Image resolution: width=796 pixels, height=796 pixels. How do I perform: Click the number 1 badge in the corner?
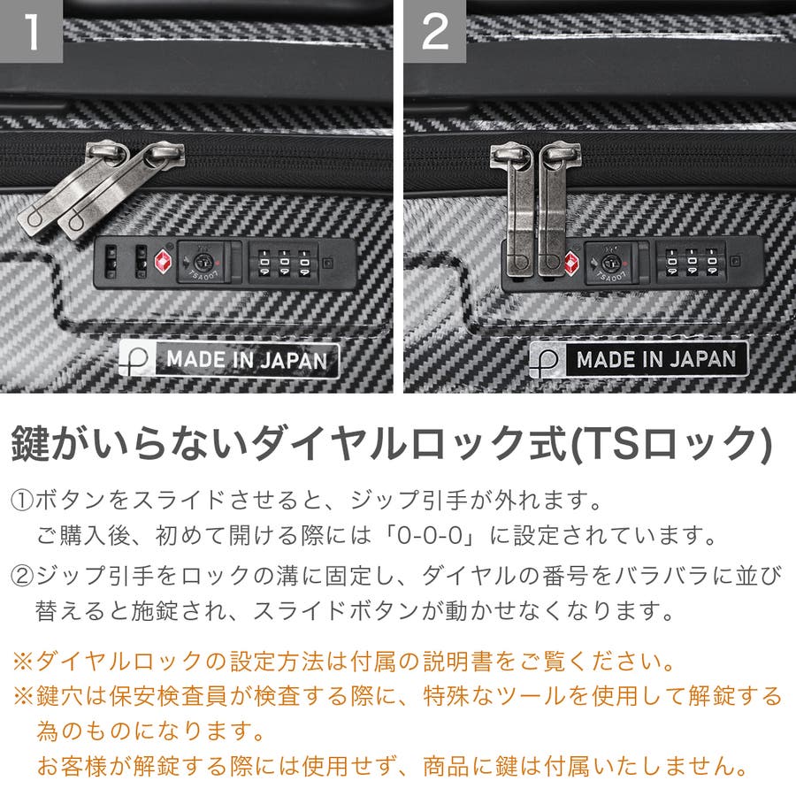[x=31, y=31]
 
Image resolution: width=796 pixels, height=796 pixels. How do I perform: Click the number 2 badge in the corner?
[x=434, y=31]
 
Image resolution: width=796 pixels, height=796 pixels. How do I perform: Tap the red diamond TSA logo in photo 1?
[x=163, y=263]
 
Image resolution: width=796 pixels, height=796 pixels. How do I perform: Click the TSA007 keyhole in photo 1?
[x=202, y=263]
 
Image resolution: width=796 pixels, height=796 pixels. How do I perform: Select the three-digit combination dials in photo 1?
[x=284, y=263]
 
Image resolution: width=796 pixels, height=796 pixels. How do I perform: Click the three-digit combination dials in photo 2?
[x=692, y=262]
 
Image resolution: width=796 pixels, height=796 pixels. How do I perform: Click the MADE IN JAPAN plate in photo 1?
[x=229, y=360]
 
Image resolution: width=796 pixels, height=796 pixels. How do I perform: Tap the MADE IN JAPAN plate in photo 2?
[x=638, y=359]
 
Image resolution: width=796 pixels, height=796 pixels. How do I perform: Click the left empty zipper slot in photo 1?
[x=111, y=262]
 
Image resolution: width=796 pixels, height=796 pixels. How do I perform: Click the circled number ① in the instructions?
[x=22, y=501]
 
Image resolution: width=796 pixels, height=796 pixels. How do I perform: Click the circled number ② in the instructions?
[x=22, y=576]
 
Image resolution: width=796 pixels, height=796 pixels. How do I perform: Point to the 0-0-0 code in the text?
[x=430, y=536]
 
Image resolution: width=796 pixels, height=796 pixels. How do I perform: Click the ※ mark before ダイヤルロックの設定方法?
[x=23, y=662]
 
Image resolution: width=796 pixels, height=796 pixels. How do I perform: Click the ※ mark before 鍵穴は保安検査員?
[x=23, y=696]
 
